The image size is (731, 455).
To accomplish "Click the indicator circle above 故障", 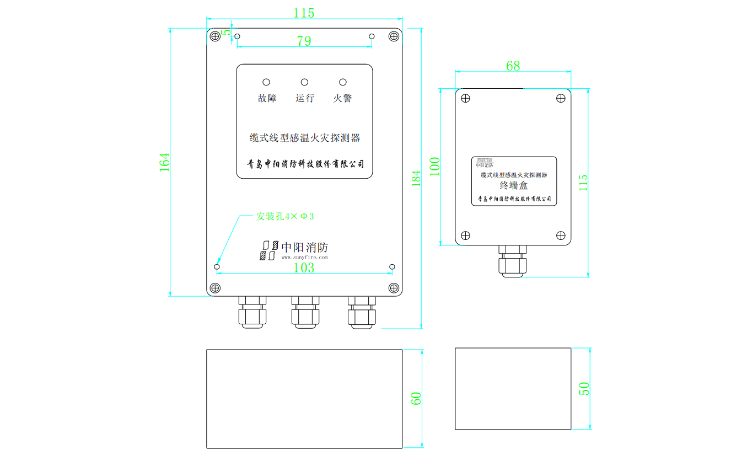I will [x=266, y=82].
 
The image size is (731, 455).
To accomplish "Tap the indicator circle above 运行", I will [x=304, y=82].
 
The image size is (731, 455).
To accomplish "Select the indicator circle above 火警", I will [x=342, y=82].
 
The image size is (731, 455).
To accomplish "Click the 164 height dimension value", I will [x=165, y=162].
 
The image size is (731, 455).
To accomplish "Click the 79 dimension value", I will [x=304, y=41].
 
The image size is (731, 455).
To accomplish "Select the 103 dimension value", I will [x=303, y=268].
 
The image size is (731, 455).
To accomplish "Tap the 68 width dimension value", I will [x=513, y=66].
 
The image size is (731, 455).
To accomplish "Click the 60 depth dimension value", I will [x=416, y=399].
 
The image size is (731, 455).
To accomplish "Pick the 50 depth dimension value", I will [x=584, y=388].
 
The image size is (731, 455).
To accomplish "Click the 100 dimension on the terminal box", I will [x=435, y=167].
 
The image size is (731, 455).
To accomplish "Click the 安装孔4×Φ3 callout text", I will [x=285, y=216].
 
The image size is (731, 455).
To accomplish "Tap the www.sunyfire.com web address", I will [x=304, y=257].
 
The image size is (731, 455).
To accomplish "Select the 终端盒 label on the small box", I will [x=514, y=186].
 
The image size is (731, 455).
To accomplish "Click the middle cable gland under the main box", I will [x=305, y=313].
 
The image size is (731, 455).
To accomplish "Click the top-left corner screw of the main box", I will [x=215, y=36].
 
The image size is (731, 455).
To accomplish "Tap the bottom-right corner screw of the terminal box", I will [x=561, y=235].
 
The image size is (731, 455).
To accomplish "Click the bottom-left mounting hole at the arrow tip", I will [x=217, y=267].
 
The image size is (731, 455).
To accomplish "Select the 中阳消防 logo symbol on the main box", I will [x=268, y=250].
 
